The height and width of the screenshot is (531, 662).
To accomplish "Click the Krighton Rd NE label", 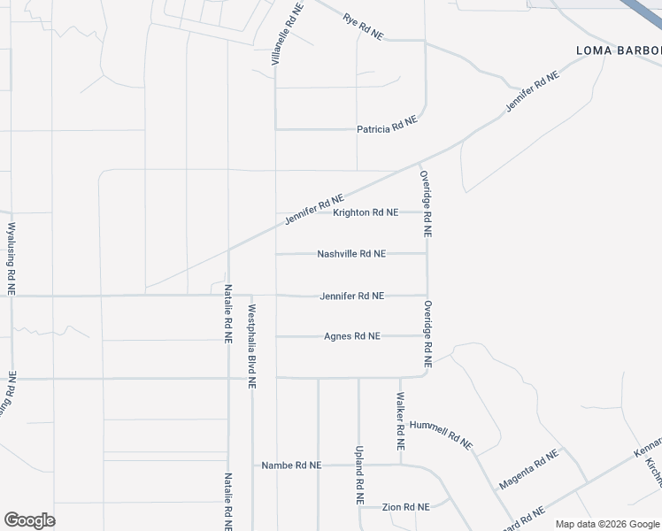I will tap(366, 212).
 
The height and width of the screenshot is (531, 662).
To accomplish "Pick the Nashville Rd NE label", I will tap(351, 253).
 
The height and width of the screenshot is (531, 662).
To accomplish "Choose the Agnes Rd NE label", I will tap(351, 336).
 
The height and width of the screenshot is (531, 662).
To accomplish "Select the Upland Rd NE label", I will tap(360, 475).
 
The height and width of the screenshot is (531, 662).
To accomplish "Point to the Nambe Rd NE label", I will tap(291, 465).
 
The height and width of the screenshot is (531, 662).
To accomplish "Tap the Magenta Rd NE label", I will tap(529, 470).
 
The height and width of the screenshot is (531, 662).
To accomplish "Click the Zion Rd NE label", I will tap(405, 507).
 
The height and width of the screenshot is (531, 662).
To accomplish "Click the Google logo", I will tap(29, 520).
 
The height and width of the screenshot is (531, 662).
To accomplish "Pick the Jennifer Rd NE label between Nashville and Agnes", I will tap(351, 296).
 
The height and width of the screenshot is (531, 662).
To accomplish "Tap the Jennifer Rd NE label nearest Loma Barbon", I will tap(533, 91).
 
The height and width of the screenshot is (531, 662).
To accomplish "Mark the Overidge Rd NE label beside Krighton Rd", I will tap(426, 204).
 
